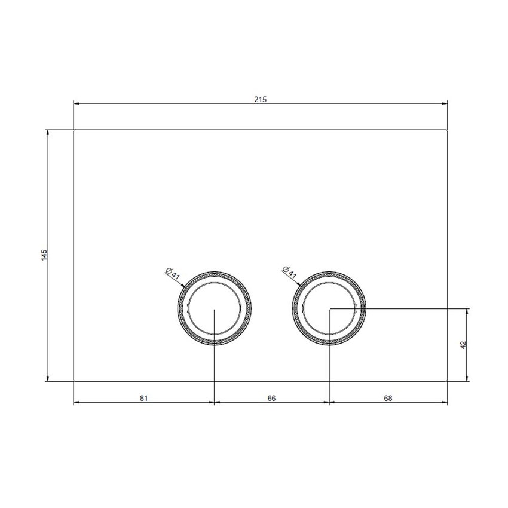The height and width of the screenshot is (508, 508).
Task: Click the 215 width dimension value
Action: (x=259, y=99)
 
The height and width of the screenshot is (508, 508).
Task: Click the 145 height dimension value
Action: (x=44, y=255)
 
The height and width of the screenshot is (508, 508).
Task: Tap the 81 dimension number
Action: (x=143, y=398)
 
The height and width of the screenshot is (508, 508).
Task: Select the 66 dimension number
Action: (x=271, y=398)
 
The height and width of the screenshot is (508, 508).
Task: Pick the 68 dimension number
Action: (x=388, y=398)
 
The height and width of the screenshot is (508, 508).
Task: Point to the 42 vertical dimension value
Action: (x=463, y=344)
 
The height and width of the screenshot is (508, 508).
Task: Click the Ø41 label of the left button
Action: (x=172, y=274)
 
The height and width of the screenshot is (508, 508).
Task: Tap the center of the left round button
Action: (x=215, y=308)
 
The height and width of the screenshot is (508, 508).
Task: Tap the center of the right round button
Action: (x=330, y=308)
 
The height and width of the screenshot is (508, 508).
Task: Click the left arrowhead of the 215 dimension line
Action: (x=76, y=103)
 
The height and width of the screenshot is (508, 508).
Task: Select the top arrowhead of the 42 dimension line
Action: (x=468, y=311)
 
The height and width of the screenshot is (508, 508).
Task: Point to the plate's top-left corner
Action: (x=74, y=130)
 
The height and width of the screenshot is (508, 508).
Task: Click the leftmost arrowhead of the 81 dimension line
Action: (x=76, y=402)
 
